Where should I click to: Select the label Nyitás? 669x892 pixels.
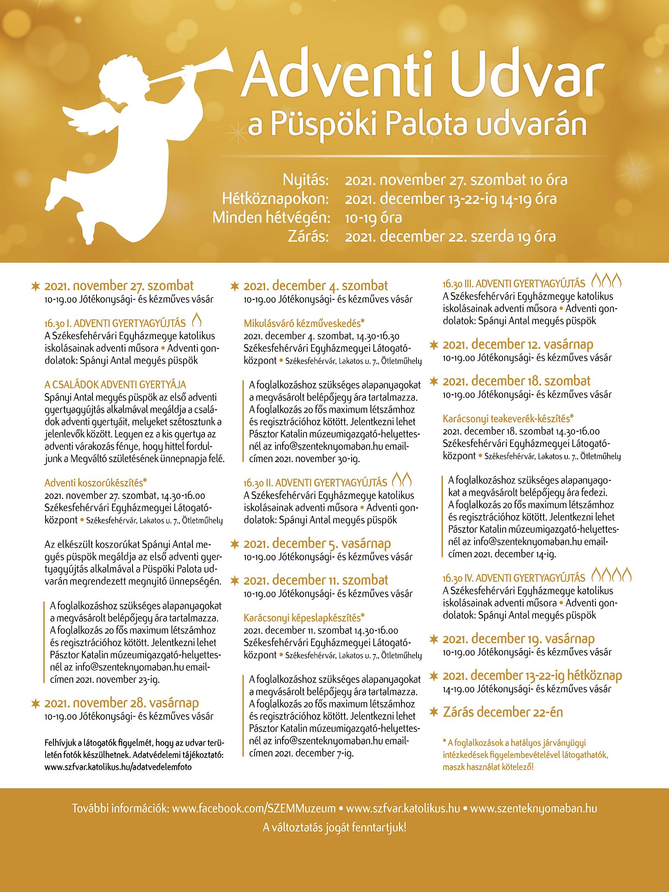click(305, 180)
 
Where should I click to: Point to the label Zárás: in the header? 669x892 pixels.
click(308, 237)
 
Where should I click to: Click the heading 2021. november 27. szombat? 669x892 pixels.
click(119, 286)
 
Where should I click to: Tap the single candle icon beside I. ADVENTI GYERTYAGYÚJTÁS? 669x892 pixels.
click(197, 320)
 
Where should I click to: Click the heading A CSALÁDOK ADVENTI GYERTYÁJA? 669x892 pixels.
click(115, 385)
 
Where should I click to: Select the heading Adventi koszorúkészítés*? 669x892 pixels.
click(96, 483)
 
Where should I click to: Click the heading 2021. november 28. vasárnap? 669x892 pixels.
click(121, 703)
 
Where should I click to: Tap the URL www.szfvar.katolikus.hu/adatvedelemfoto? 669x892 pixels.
click(118, 767)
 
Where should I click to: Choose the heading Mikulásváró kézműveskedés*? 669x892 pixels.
click(304, 323)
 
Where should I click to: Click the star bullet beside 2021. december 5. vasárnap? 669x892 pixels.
click(235, 544)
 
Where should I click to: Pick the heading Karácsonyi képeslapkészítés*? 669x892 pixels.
click(304, 618)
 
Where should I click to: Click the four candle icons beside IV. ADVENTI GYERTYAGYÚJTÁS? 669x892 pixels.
click(611, 575)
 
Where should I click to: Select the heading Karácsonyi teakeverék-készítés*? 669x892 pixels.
click(508, 419)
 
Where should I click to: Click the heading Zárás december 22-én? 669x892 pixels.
click(503, 712)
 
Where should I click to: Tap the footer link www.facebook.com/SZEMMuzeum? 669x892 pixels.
click(254, 808)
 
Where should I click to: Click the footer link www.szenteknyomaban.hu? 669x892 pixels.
click(534, 808)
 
